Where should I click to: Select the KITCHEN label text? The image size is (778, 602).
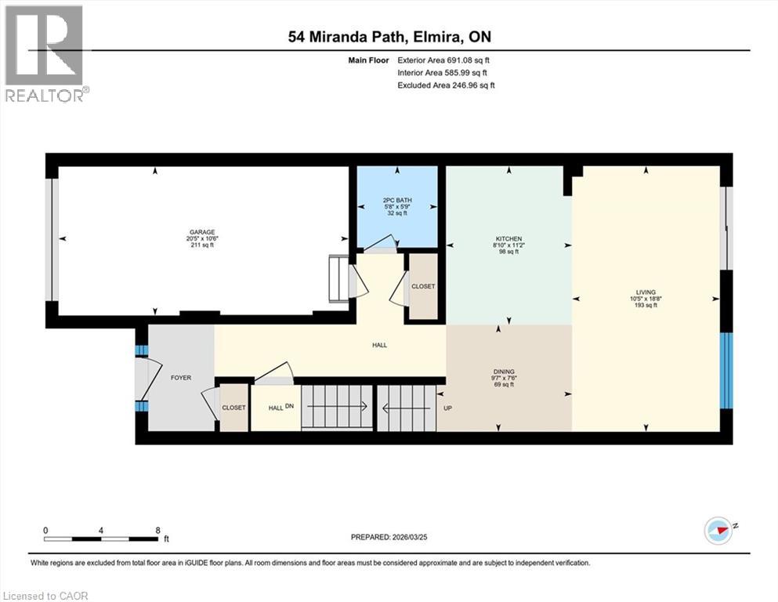pos(508,239)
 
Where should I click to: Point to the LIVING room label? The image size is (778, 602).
pos(646,292)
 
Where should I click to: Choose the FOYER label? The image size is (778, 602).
pos(181,378)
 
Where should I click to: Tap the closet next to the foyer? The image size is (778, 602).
pos(233,408)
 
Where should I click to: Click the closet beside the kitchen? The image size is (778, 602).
pos(423,287)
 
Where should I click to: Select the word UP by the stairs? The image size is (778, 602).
pos(448,408)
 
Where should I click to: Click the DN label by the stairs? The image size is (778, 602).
pos(289,407)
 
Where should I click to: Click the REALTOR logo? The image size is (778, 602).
pos(45,53)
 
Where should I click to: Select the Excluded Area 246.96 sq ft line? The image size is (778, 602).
pos(446,85)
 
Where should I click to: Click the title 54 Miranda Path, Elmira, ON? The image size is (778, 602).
pos(388,36)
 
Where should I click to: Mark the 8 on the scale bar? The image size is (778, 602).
pos(158,530)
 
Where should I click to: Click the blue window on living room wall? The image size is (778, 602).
pos(726,371)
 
